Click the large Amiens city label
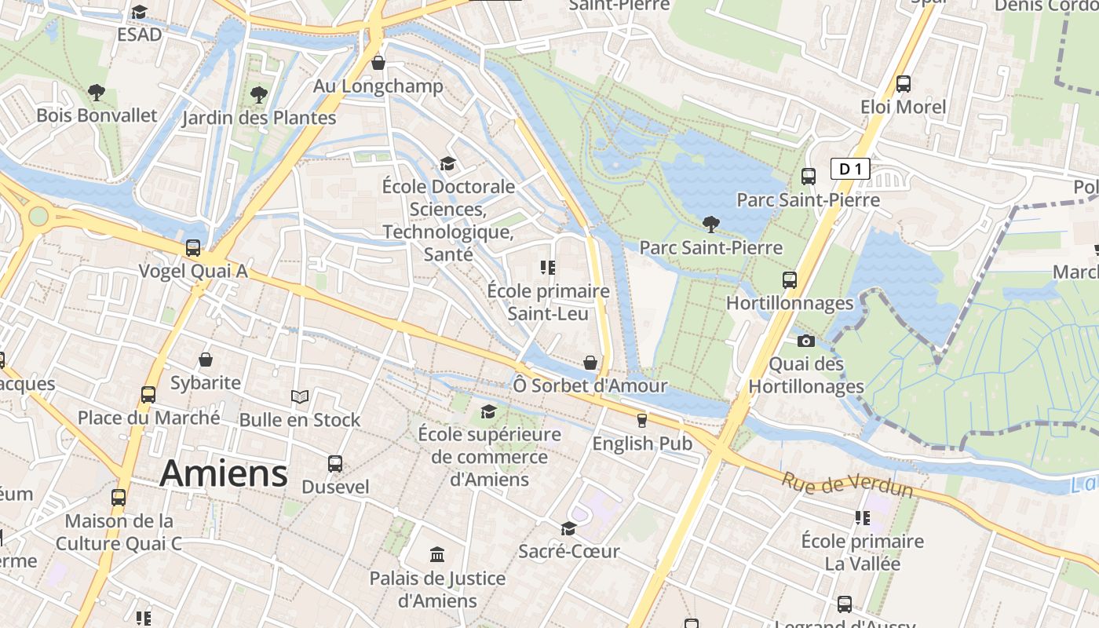224,474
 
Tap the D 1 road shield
850,169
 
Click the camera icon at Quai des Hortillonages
805,341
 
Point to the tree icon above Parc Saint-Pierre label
710,225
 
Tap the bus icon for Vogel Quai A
193,248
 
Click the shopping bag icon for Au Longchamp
378,63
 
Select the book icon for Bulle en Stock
300,396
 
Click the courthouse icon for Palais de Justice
437,555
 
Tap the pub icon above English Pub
641,420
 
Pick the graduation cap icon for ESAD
140,12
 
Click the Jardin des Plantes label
259,119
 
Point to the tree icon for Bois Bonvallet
97,93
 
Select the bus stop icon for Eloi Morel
903,83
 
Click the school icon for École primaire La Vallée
862,518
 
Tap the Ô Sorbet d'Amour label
590,385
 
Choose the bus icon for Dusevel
335,463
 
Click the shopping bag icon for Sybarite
206,360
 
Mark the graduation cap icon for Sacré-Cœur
568,528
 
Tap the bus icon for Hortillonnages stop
790,279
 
